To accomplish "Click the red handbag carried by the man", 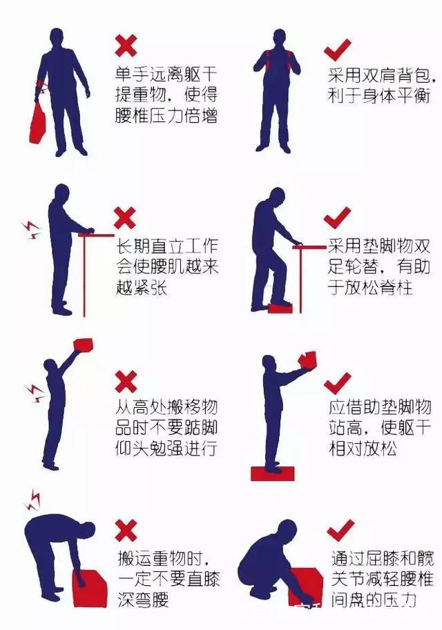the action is click(38, 124).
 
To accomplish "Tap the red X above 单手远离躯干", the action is click(126, 46).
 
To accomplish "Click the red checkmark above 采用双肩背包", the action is click(338, 50).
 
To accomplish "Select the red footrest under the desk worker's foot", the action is click(280, 307).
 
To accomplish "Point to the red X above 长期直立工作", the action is click(125, 218).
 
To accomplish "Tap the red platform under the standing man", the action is click(272, 473).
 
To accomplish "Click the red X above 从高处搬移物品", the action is click(126, 382).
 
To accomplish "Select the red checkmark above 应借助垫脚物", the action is click(338, 383).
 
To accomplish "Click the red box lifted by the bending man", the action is click(90, 587).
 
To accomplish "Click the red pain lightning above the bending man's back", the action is click(32, 500).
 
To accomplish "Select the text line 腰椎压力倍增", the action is click(166, 116).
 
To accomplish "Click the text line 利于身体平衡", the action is click(379, 97).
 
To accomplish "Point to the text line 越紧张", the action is click(142, 288).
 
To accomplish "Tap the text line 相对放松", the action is click(363, 448).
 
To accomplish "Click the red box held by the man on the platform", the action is click(308, 360).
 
